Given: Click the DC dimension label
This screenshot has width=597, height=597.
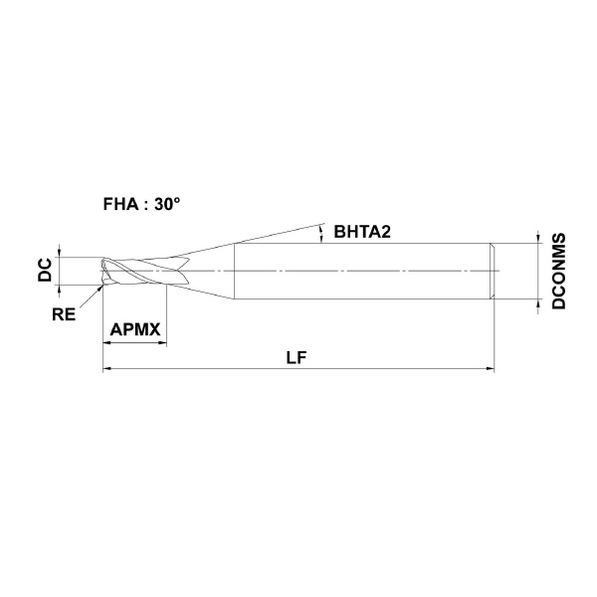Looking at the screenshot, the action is pos(45,270).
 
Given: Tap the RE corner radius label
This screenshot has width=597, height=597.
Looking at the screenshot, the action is pos(64,314).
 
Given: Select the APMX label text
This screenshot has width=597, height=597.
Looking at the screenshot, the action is pos(135,329).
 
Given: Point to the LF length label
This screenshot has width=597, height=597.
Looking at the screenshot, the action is pos(297,357).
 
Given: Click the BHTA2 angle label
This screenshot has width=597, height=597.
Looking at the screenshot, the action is pos(362,232).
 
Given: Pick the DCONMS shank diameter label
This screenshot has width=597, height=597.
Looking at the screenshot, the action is pos(559,271).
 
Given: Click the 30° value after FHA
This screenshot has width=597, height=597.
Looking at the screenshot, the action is pos(167,204).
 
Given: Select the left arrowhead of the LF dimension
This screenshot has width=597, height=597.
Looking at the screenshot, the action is pos(108,368).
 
